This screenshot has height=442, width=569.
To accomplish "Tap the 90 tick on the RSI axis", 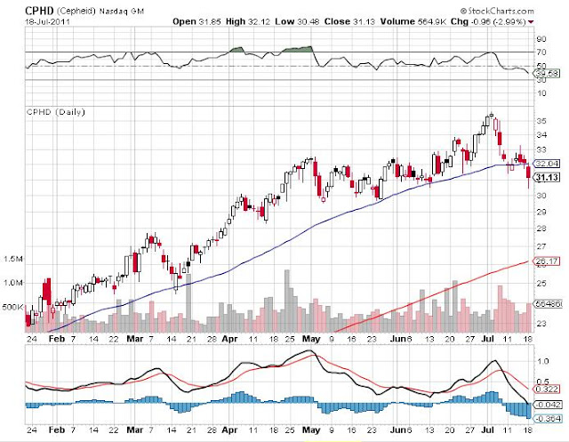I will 540,39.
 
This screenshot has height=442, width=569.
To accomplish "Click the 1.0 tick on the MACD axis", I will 541,361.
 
